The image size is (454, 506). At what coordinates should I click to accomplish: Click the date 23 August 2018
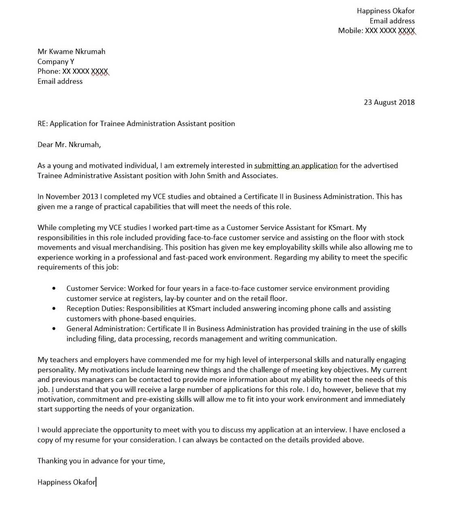[389, 102]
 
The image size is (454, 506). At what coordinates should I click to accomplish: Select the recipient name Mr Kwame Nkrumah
[71, 51]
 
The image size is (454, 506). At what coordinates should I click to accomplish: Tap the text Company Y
[56, 62]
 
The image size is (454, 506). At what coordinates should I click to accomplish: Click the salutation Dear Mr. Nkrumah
[69, 145]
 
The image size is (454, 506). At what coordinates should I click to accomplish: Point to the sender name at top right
[385, 11]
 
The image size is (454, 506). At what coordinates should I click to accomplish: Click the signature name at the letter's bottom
[66, 482]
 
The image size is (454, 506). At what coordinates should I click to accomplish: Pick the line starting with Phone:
[73, 71]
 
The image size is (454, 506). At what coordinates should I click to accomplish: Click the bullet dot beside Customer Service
[54, 288]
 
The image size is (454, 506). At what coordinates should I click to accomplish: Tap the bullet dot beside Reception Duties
[54, 309]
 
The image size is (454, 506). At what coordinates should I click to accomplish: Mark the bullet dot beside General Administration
[54, 329]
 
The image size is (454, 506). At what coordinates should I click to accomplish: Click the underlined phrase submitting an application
[296, 166]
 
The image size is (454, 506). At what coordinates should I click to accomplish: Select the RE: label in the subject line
[43, 124]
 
